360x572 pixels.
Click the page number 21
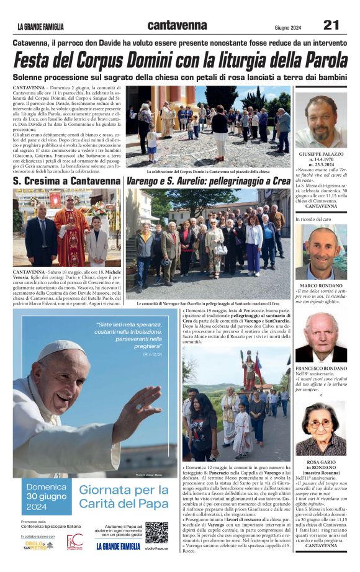[331, 25]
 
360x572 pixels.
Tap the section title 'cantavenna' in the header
[177, 25]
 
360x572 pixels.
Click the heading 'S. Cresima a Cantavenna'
[67, 181]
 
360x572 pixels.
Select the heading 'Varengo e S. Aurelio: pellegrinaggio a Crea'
[208, 181]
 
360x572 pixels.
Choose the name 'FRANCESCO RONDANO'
[321, 368]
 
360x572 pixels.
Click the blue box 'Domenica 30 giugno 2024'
[45, 496]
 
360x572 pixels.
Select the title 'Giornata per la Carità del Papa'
[123, 496]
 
